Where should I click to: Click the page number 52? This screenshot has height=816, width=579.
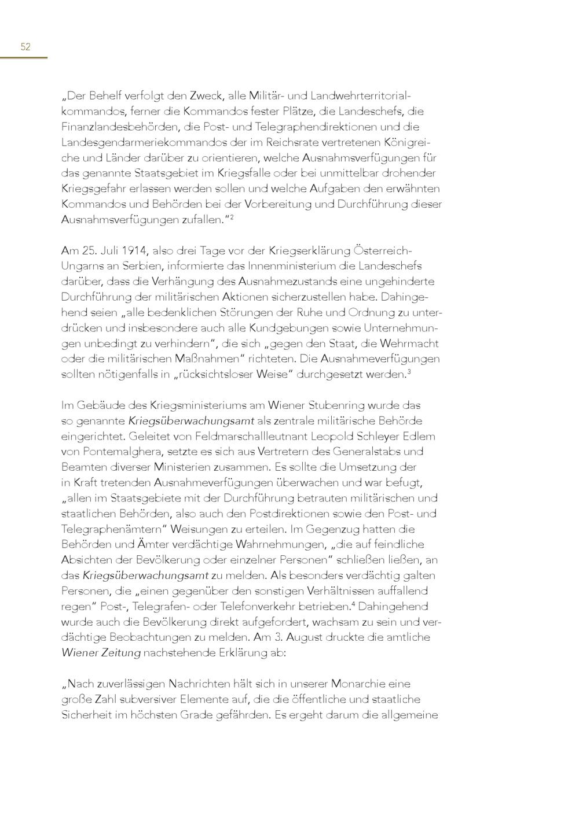coord(25,47)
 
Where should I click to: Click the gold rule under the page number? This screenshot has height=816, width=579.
coord(23,58)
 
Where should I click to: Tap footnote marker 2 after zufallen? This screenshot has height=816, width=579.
coord(231,216)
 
